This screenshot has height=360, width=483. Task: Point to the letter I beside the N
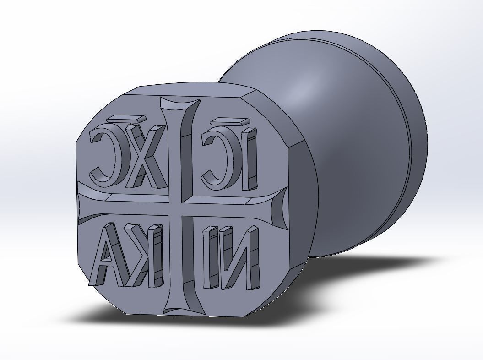(212, 259)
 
